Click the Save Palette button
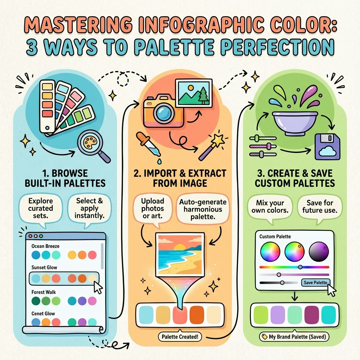tap(315, 282)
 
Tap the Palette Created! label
tap(180, 337)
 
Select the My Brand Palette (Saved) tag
tap(294, 337)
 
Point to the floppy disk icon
tap(327, 147)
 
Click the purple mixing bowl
tap(295, 123)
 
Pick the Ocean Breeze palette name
tap(45, 246)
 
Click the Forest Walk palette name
tap(44, 292)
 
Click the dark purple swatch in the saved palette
tap(311, 314)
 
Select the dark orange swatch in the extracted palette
tap(197, 314)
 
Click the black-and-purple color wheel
tap(319, 252)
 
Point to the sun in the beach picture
tap(180, 248)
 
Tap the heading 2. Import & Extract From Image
tap(180, 178)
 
